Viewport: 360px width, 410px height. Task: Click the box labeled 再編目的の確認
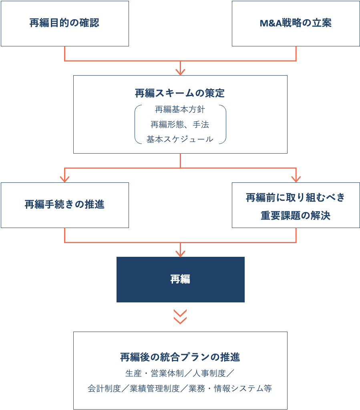[x=64, y=24]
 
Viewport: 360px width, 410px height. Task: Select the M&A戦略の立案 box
[x=296, y=24]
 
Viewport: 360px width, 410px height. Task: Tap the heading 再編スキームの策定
[x=180, y=93]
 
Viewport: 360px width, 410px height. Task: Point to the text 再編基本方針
[x=180, y=109]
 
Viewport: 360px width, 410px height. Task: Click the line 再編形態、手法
[x=180, y=124]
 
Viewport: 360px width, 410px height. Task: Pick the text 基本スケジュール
[x=180, y=139]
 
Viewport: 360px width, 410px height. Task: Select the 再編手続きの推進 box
[x=64, y=205]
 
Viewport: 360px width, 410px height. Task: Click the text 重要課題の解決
[x=296, y=216]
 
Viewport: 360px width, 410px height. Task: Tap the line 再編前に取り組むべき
[x=296, y=198]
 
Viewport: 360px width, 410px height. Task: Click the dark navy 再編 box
[x=180, y=280]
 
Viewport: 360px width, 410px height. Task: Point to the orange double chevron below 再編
[x=180, y=317]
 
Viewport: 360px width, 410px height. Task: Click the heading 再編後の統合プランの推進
[x=180, y=357]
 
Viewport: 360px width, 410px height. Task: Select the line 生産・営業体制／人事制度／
[x=180, y=373]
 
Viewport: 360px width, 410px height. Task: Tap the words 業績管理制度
[x=155, y=388]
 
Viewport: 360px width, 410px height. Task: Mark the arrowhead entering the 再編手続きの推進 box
[x=64, y=179]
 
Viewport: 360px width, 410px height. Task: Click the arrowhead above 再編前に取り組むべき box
[x=296, y=179]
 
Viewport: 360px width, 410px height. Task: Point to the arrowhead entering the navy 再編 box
[x=180, y=253]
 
